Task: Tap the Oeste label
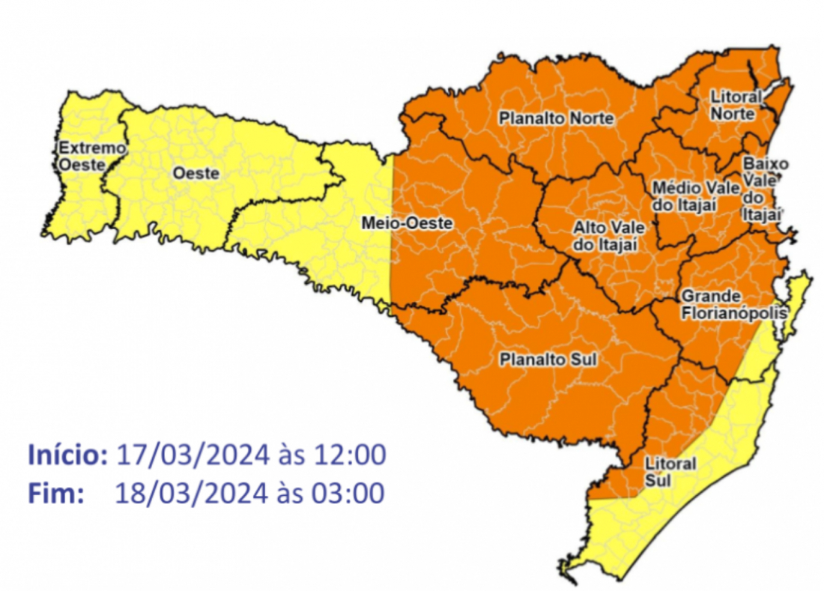[196, 173]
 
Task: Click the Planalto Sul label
[548, 360]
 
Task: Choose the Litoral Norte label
[735, 106]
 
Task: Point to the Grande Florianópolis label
[733, 304]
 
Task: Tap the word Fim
[55, 493]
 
